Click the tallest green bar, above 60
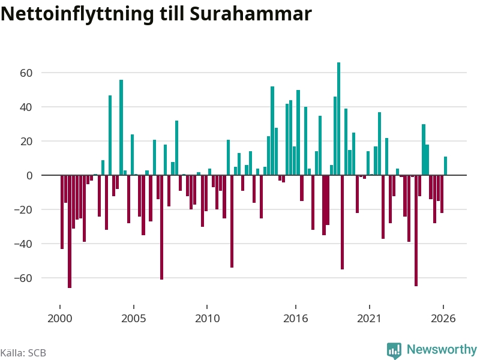[x=338, y=119]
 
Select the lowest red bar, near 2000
[x=70, y=232]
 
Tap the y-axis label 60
[x=26, y=73]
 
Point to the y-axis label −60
[x=23, y=278]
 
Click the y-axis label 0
[x=29, y=175]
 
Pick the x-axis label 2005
[x=133, y=319]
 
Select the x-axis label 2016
[x=295, y=319]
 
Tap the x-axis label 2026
[x=443, y=319]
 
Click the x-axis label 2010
[x=207, y=319]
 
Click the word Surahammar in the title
[x=251, y=14]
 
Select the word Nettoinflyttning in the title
[x=77, y=14]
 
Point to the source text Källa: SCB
[x=23, y=353]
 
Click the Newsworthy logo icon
[x=394, y=350]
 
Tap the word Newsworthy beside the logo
[x=442, y=349]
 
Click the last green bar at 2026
[x=445, y=166]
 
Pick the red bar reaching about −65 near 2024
[x=416, y=231]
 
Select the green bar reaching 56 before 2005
[x=121, y=127]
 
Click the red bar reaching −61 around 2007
[x=161, y=227]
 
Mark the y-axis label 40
[x=26, y=107]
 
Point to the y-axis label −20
[x=23, y=209]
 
